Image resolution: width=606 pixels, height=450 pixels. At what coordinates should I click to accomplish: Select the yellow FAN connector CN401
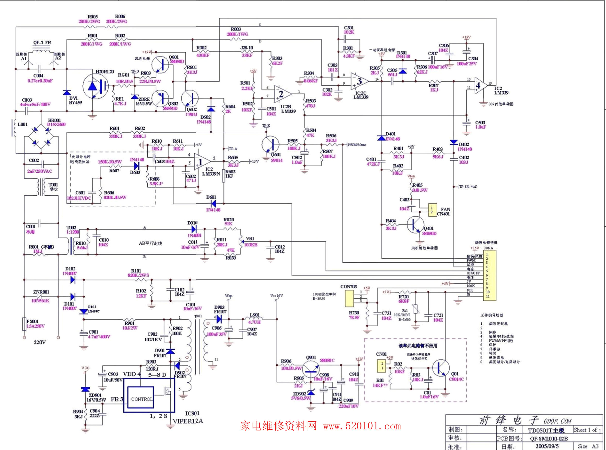432,210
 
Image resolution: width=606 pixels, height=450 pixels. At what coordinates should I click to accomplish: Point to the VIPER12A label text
188,421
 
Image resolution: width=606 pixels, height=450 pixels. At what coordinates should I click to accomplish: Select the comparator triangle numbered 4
480,85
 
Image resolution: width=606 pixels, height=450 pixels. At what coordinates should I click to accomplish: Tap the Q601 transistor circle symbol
271,145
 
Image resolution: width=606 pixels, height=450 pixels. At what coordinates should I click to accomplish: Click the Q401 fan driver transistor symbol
416,225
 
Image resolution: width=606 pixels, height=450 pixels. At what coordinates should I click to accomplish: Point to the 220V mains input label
40,342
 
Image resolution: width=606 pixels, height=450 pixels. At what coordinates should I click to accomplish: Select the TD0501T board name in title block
546,430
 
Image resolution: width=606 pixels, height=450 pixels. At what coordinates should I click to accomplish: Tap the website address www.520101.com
362,426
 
